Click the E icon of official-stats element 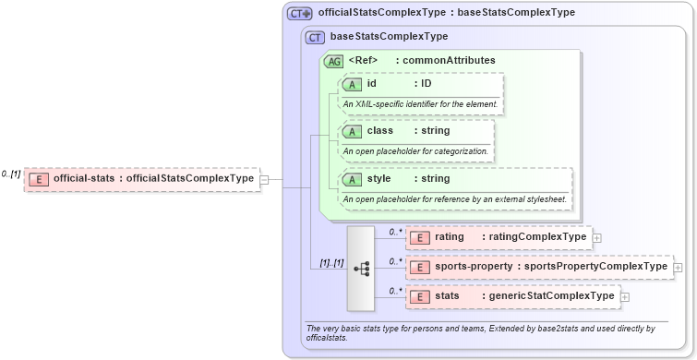[39, 178]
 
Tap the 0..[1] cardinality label [11, 174]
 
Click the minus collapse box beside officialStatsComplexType [264, 179]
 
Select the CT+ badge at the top [300, 14]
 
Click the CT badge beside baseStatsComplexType [315, 37]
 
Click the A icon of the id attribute [352, 84]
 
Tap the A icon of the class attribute [352, 131]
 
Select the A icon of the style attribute [352, 178]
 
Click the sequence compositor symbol [361, 268]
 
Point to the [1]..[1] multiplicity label [331, 263]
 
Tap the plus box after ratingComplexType [596, 238]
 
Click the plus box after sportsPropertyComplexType [678, 268]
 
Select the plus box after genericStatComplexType [625, 297]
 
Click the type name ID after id [427, 83]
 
